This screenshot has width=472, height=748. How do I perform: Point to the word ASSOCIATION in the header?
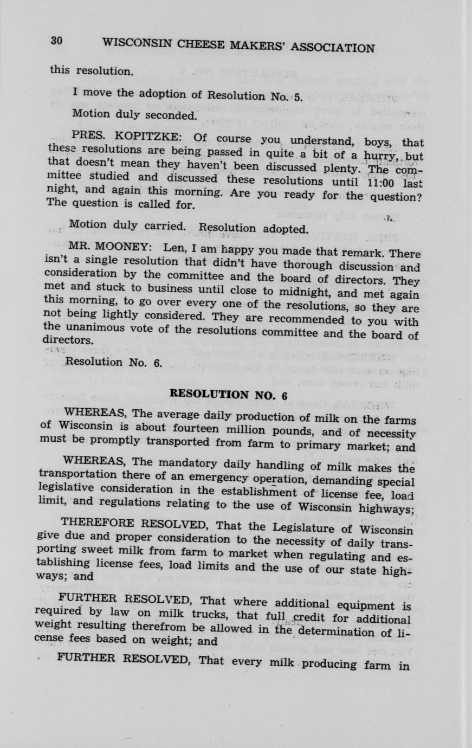(333, 48)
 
